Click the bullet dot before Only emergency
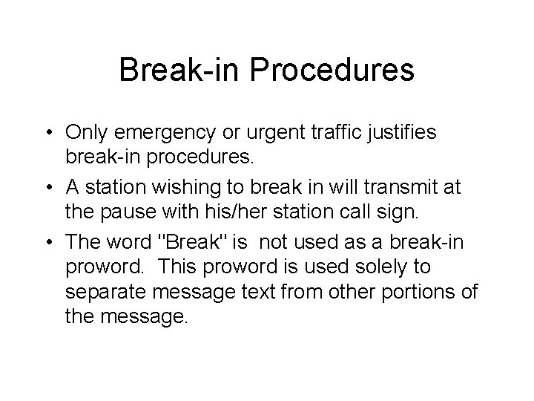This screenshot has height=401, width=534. point(76,132)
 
